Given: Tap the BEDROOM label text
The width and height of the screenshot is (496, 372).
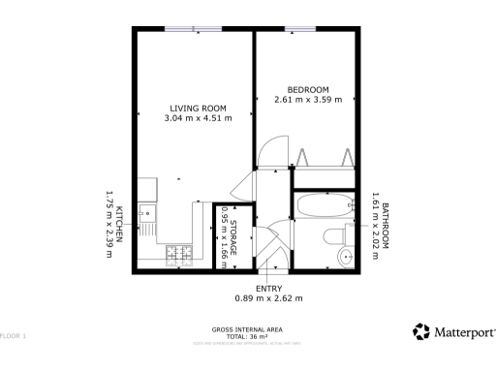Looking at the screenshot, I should pyautogui.click(x=307, y=88).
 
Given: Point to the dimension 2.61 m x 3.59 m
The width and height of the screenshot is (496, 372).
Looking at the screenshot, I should pyautogui.click(x=308, y=100).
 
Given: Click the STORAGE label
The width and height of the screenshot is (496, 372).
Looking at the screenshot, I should pyautogui.click(x=233, y=237).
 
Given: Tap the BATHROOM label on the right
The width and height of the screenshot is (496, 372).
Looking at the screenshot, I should pyautogui.click(x=385, y=226).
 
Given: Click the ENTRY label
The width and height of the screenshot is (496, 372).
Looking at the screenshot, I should pyautogui.click(x=268, y=289).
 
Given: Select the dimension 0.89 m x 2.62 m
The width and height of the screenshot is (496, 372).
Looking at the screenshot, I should pyautogui.click(x=269, y=298).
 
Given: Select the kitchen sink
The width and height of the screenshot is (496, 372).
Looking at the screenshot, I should pyautogui.click(x=146, y=211).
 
